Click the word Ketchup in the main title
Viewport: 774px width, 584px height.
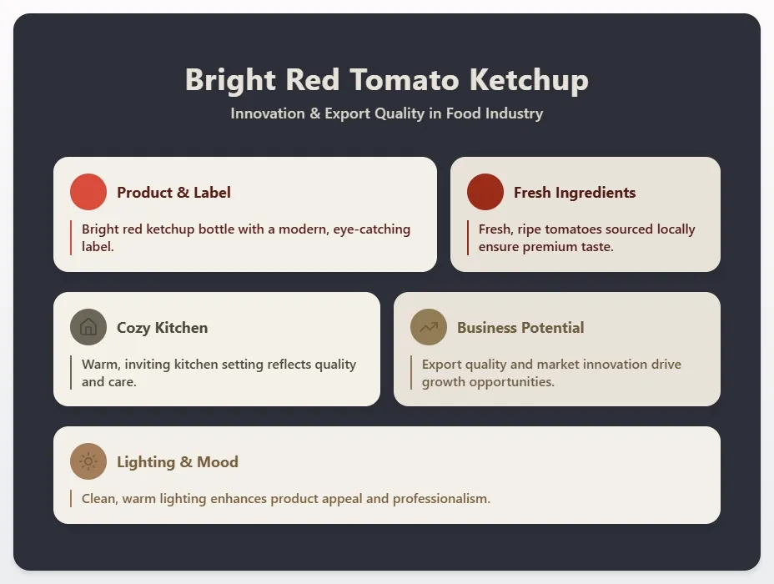(x=528, y=80)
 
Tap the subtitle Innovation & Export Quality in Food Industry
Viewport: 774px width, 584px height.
(x=386, y=113)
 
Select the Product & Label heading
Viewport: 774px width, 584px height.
(x=173, y=193)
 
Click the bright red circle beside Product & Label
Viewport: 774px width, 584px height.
(x=88, y=192)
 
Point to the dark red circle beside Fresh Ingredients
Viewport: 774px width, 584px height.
(x=485, y=192)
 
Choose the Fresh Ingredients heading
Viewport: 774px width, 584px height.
(x=575, y=193)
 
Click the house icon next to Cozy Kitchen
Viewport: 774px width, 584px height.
(x=88, y=327)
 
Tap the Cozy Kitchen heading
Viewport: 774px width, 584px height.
(x=163, y=328)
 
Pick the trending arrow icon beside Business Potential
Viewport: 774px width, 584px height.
(x=429, y=327)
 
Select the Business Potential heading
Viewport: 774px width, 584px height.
(x=520, y=328)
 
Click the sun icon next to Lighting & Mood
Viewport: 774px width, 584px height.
(x=88, y=461)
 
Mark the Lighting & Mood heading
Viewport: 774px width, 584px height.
(x=178, y=462)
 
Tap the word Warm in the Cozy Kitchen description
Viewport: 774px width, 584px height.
(x=101, y=365)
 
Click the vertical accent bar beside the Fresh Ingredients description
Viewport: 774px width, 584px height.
(x=468, y=238)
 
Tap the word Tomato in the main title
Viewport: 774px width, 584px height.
(x=405, y=80)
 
